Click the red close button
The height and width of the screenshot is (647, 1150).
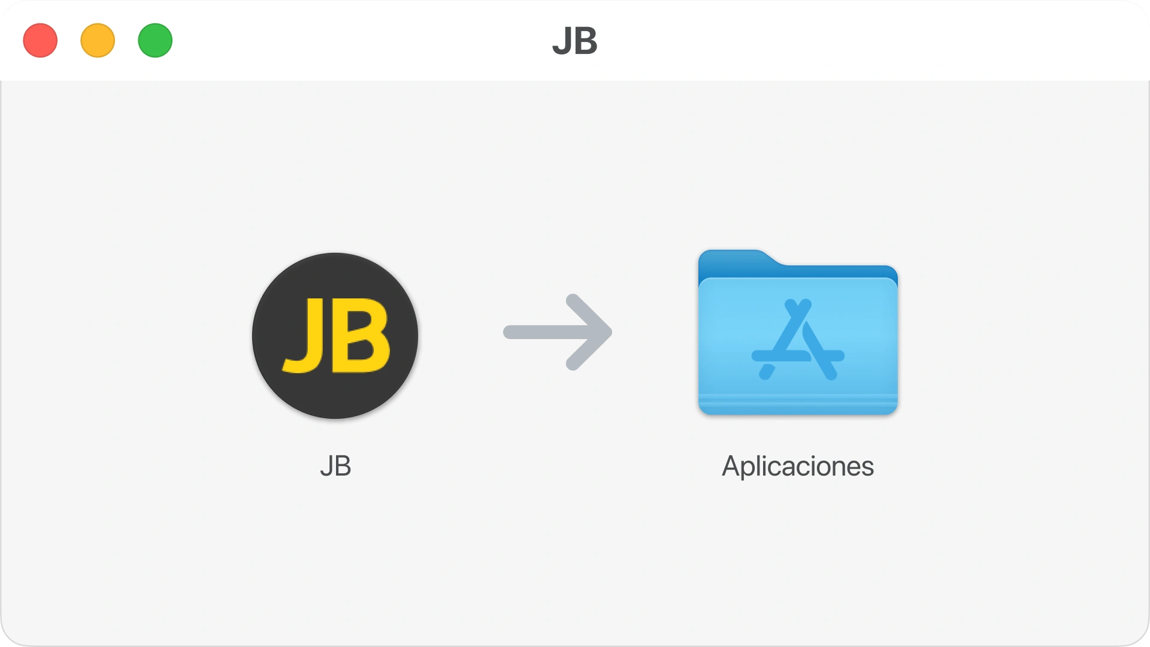(x=40, y=41)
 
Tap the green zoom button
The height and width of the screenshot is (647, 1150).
(x=155, y=41)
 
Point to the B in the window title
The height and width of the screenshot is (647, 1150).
(x=586, y=41)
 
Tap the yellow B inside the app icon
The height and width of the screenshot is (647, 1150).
(x=364, y=335)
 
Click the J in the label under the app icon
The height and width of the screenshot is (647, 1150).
(x=326, y=466)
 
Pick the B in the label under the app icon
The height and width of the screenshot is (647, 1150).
(x=343, y=466)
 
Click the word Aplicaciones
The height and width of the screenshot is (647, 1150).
(x=797, y=466)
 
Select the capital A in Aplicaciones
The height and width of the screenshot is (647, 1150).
(x=732, y=466)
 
